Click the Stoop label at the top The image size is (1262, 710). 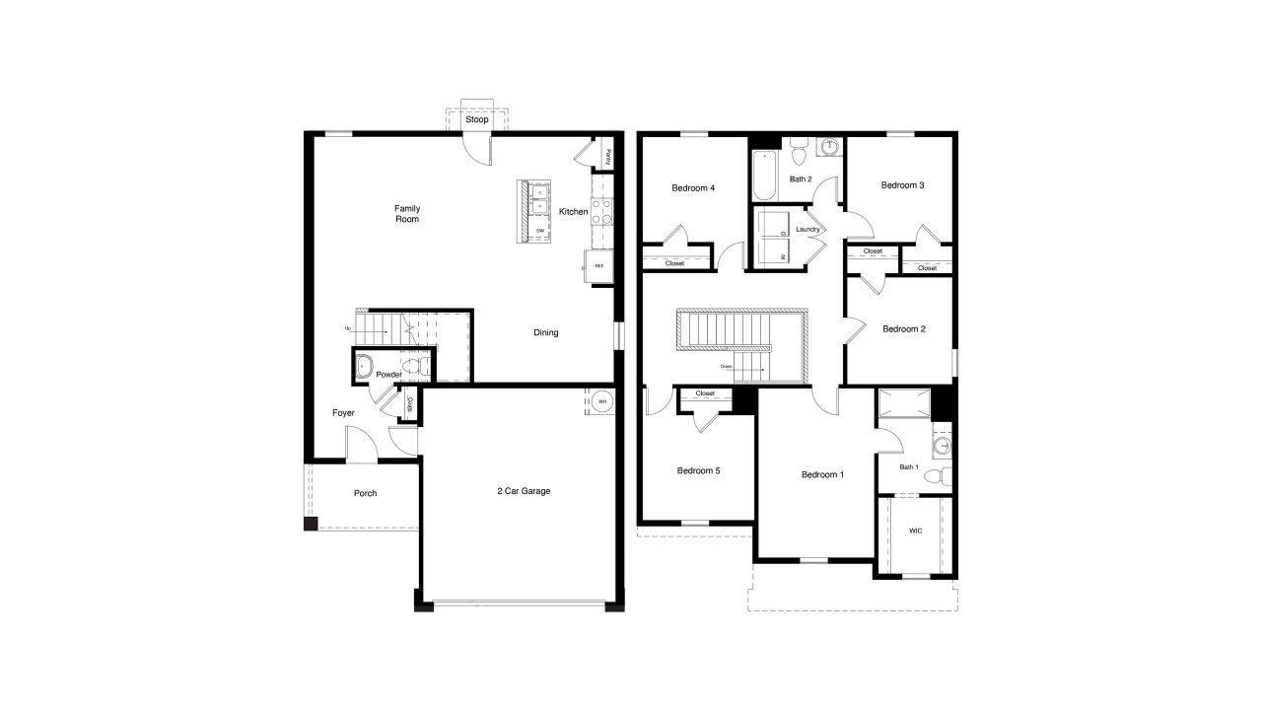point(477,120)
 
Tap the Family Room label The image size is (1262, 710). point(407,213)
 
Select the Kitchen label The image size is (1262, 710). point(573,212)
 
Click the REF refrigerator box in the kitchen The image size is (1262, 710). point(597,266)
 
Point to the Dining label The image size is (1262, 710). point(546,332)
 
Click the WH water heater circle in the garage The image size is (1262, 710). point(601,401)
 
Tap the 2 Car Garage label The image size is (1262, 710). point(524,491)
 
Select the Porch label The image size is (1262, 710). point(366,493)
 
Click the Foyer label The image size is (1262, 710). point(343,413)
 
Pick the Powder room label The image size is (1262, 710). point(388,375)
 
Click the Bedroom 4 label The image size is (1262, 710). point(693,188)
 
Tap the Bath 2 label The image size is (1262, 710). point(801,179)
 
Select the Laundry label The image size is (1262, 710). point(808,230)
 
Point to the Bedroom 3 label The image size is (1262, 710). point(902,185)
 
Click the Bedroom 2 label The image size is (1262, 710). point(904,329)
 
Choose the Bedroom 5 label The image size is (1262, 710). point(698,471)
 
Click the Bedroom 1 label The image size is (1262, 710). point(822,475)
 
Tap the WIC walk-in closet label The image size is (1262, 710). point(916,531)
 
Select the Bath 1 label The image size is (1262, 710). point(909,467)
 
